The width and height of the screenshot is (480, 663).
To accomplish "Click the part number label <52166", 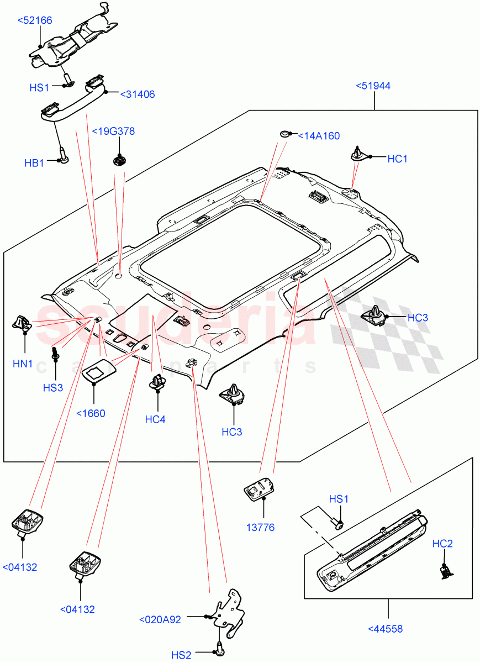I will point(34,20).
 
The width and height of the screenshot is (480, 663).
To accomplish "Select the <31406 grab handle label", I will point(137,94).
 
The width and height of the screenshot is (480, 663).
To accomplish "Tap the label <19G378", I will point(113,131).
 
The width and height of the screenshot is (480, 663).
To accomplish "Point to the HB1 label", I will point(34,163).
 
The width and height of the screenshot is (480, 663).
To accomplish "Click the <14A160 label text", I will point(319,136).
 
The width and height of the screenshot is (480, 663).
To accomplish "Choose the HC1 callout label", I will point(397,159).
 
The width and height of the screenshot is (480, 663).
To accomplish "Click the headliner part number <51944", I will point(373,86).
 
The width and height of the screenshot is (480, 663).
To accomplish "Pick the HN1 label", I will point(23,364).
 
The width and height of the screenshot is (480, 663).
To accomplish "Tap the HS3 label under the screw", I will point(53,387).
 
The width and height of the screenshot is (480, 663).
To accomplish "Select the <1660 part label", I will point(91,413).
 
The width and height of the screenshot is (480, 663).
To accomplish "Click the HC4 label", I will point(155,419).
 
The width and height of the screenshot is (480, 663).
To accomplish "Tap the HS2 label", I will point(181,655).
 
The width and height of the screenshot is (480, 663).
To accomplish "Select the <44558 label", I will point(384,629).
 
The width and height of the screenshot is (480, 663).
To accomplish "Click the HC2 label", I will point(442,544).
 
